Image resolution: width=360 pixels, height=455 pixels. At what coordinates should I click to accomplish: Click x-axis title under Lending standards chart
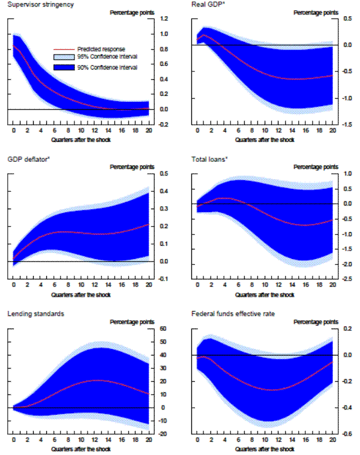click(x=81, y=449)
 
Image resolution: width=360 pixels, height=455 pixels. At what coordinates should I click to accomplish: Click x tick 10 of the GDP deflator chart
click(x=81, y=286)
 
